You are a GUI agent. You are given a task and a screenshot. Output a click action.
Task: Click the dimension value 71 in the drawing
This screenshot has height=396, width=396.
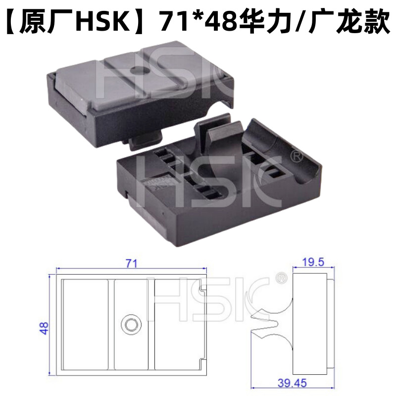click(x=131, y=264)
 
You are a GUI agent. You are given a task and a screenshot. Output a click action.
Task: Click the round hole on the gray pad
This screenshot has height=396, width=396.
click(x=139, y=69)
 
